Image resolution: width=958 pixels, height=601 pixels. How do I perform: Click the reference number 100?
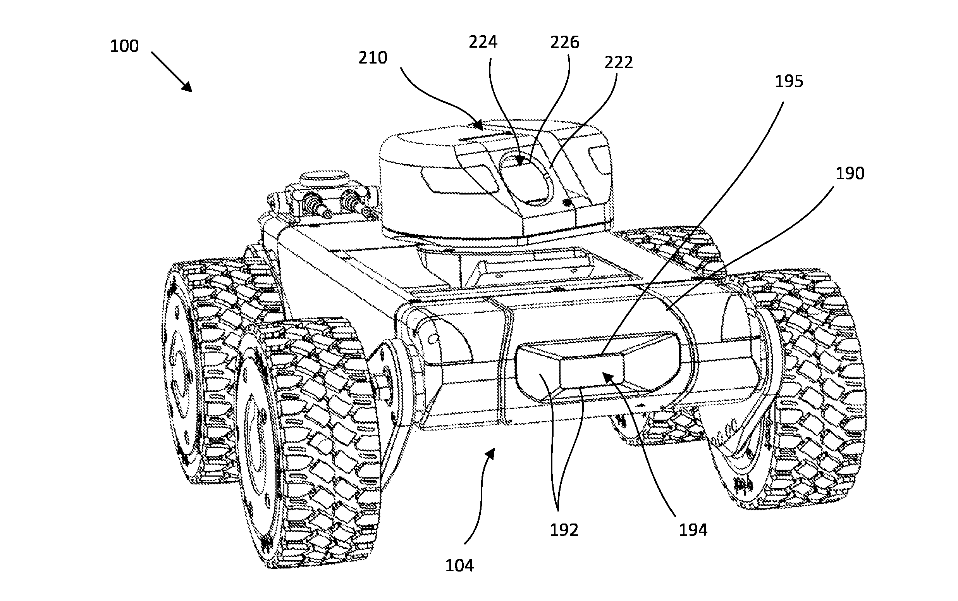tap(124, 46)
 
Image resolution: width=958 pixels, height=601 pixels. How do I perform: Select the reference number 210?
tap(372, 58)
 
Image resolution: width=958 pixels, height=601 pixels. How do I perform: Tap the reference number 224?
tap(483, 42)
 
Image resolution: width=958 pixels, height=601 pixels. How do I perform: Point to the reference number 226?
tap(564, 42)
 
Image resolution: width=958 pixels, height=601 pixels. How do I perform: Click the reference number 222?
tap(618, 62)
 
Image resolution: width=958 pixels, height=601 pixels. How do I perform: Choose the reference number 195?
tap(789, 81)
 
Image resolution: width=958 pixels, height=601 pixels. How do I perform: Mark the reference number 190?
tap(850, 174)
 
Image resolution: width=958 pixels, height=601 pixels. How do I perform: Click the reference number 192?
tap(563, 530)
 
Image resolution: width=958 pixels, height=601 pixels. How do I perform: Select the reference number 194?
tap(693, 530)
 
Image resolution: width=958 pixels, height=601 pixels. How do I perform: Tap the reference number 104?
tap(459, 565)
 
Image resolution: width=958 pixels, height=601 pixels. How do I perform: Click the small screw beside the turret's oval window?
tap(568, 203)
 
